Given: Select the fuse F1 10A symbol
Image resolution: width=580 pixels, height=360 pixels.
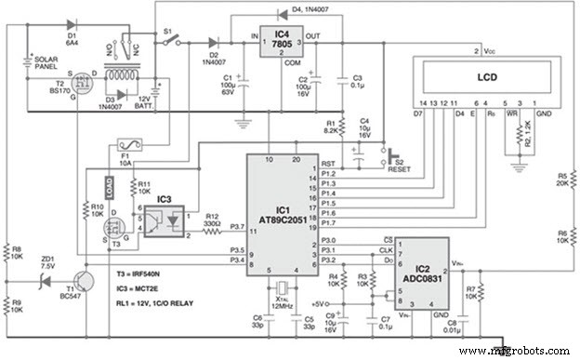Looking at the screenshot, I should (125, 145).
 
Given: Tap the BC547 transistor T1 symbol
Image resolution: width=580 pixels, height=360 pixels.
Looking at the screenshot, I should (86, 278).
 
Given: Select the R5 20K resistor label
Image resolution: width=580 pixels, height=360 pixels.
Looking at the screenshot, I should (563, 179).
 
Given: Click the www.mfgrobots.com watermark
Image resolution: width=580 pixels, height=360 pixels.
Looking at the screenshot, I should (515, 351).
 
